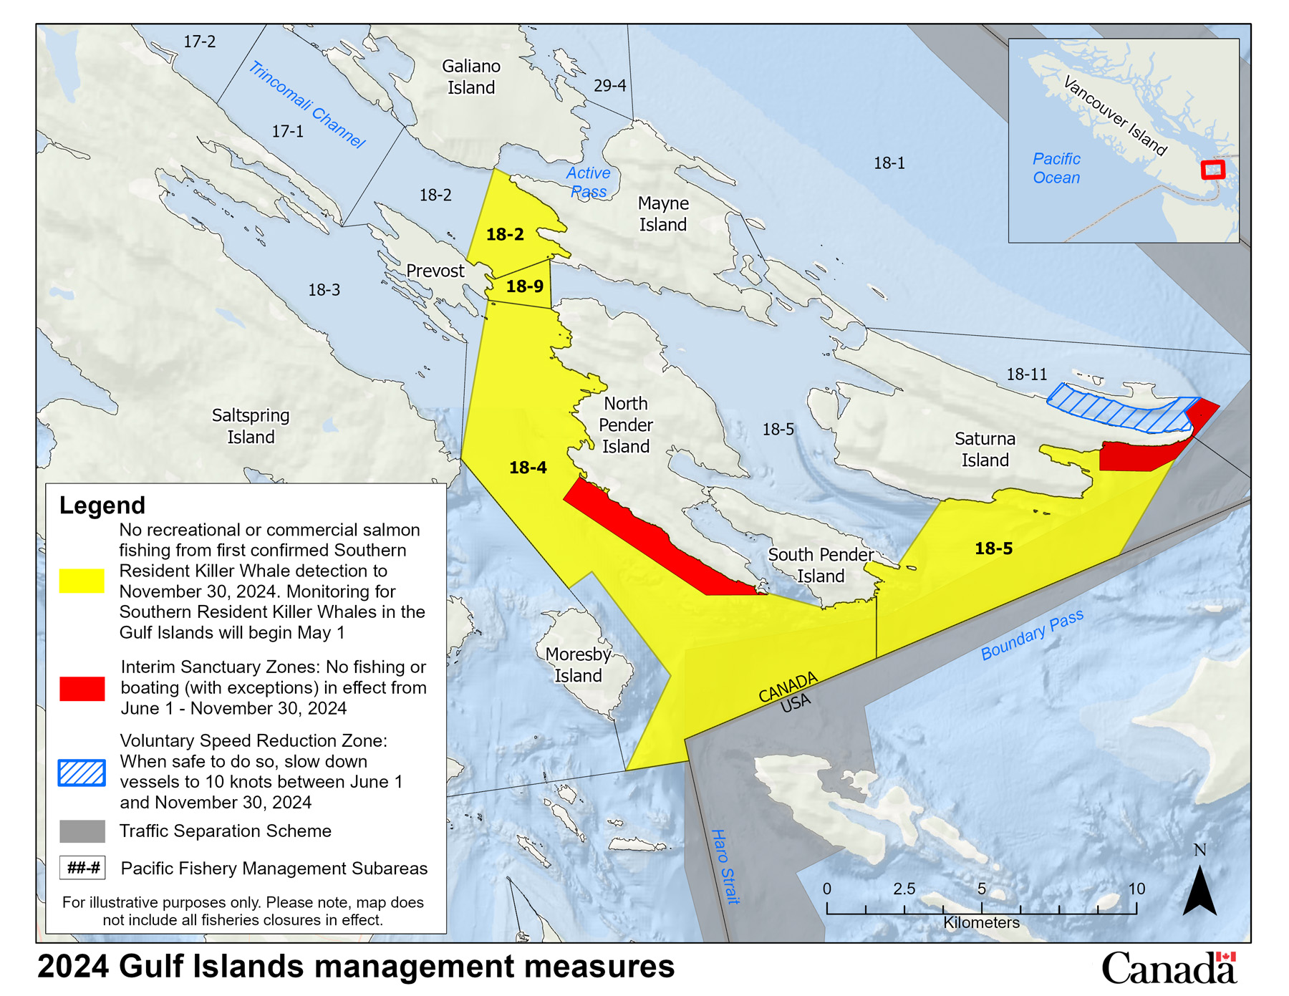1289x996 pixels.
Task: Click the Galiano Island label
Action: pos(470,77)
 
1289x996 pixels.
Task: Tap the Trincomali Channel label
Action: pos(306,105)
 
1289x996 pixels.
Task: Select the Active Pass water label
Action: pos(588,182)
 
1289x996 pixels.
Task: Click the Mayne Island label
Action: pos(662,214)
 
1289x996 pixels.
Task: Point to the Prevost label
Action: pos(435,271)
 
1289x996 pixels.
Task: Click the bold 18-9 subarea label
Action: pos(524,286)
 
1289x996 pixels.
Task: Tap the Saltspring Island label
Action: pos(251,426)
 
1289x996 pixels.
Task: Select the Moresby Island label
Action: pos(578,664)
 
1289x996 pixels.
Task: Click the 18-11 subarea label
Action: pos(1026,374)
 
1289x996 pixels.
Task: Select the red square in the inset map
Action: pos(1212,170)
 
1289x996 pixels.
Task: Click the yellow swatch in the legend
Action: pos(82,581)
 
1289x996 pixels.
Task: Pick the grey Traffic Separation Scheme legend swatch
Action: pos(82,831)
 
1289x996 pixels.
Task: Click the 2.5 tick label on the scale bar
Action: pos(904,889)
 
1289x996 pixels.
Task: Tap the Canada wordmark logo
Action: pos(1169,968)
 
